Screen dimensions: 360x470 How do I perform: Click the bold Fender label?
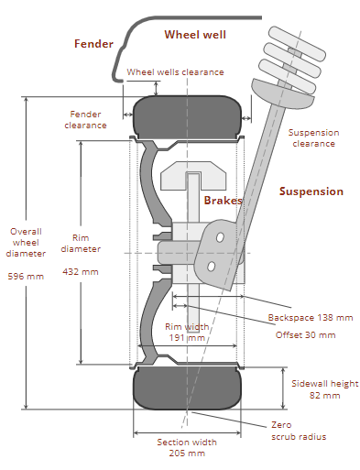93,44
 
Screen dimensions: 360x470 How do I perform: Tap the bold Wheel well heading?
195,35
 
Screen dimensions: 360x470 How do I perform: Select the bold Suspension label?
311,191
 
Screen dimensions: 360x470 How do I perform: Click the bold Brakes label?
223,201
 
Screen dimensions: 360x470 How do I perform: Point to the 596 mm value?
26,277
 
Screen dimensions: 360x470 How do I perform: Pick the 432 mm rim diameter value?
81,272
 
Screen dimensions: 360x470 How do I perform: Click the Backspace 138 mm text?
311,318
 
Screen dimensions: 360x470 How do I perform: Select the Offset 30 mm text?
306,335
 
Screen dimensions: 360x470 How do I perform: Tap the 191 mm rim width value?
187,338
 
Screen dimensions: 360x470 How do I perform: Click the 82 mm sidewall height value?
324,396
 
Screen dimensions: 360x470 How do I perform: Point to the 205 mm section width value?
187,453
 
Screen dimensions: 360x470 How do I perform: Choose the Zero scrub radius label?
299,431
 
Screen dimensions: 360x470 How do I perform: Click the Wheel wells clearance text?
175,72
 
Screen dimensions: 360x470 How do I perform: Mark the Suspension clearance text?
313,138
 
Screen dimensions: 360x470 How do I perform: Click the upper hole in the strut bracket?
220,237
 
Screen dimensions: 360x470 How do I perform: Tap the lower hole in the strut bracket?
211,267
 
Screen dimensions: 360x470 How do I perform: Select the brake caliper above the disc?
193,176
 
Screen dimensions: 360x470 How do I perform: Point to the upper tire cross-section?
187,117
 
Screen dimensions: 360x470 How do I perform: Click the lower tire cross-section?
187,388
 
